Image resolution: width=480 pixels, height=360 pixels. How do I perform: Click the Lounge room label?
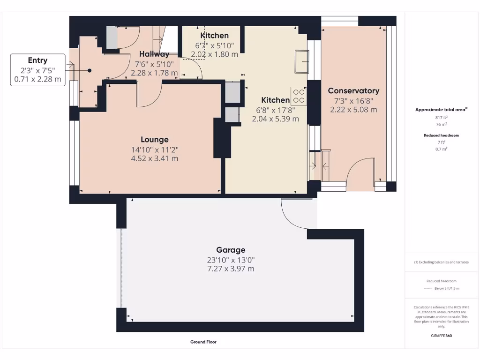[x=154, y=140]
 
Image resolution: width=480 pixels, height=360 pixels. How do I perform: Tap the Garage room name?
[x=231, y=250]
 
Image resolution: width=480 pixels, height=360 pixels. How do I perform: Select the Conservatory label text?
[x=353, y=91]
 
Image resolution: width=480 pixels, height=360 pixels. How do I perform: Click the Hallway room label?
[x=154, y=54]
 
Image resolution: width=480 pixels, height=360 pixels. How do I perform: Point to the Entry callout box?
[x=37, y=69]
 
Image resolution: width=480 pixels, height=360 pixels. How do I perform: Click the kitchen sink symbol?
[x=301, y=61]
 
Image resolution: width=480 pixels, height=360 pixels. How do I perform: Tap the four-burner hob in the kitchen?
[x=299, y=96]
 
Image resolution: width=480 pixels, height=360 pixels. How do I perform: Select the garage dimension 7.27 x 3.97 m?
[x=231, y=269]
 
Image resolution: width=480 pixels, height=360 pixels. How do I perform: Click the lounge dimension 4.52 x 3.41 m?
[x=154, y=158]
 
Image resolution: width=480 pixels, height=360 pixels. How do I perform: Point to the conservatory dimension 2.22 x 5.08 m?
[x=353, y=110]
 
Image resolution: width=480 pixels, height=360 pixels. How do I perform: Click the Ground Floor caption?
[x=203, y=342]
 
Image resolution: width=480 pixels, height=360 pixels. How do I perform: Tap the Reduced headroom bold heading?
[x=441, y=135]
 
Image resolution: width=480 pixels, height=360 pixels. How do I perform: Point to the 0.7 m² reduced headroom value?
[x=441, y=149]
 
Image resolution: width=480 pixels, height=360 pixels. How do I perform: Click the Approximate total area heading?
[x=441, y=110]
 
